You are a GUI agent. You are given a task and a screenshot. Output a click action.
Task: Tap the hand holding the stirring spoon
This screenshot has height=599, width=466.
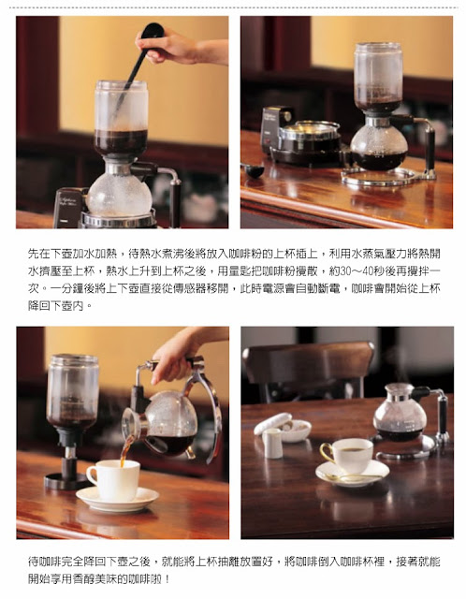[180, 47]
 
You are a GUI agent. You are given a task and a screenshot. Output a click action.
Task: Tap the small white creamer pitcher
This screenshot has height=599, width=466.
[272, 443]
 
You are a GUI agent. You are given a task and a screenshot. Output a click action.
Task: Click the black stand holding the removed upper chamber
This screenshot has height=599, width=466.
[67, 470]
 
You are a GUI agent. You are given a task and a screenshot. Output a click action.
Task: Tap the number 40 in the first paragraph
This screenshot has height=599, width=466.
[370, 270]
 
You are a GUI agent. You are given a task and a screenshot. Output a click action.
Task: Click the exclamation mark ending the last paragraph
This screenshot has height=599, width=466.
[167, 579]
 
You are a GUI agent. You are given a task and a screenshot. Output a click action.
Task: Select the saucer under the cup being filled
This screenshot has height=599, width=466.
[117, 499]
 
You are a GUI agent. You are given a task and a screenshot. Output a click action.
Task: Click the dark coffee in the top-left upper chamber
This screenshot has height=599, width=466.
[121, 141]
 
